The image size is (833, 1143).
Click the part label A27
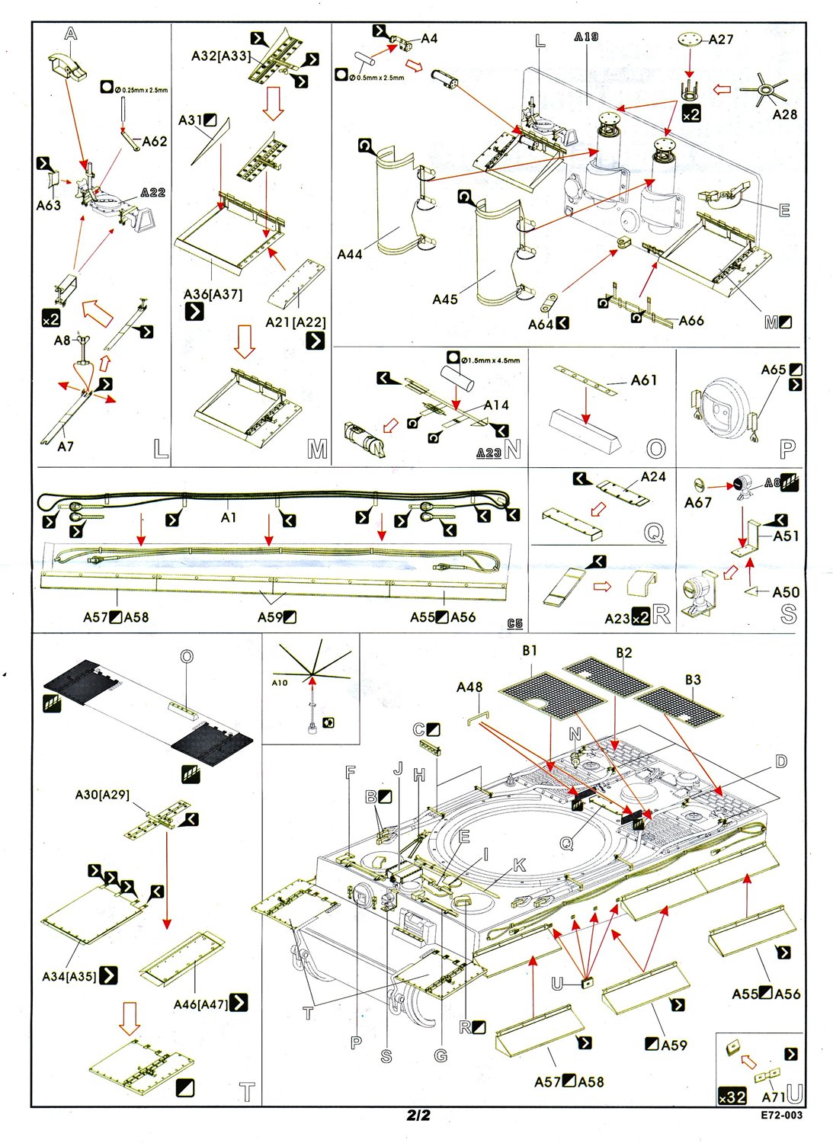(x=721, y=40)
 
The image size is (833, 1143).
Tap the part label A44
(x=350, y=255)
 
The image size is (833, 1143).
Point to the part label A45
(x=445, y=299)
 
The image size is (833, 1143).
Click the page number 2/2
(x=418, y=1116)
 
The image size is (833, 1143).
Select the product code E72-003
(x=781, y=1116)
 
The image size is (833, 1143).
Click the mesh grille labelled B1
(x=552, y=693)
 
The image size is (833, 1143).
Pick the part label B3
(x=693, y=680)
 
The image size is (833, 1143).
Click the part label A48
(x=469, y=687)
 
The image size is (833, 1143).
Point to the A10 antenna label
(x=280, y=683)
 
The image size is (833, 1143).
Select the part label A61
(x=644, y=380)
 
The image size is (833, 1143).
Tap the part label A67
(x=697, y=502)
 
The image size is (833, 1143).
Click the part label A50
(x=786, y=592)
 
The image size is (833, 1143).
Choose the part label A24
(x=653, y=477)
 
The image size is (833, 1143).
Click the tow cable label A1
(x=229, y=517)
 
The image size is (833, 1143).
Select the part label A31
(x=191, y=120)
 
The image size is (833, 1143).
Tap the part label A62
(x=155, y=141)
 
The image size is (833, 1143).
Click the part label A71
(x=774, y=1097)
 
